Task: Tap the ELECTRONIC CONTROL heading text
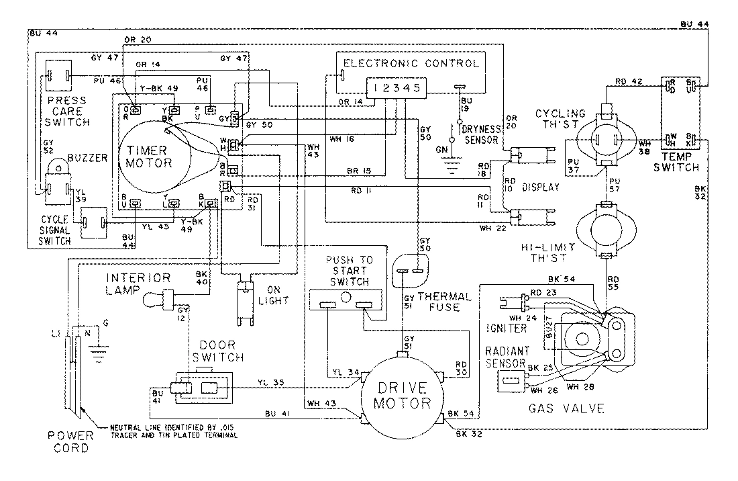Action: (x=411, y=64)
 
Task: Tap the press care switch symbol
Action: (x=58, y=77)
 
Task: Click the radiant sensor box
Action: (x=511, y=381)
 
